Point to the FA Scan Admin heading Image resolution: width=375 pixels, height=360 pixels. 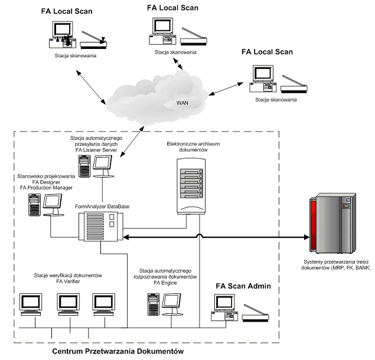243,286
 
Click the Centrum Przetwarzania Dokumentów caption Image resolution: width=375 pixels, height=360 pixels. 118,351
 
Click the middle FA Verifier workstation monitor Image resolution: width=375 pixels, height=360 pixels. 68,302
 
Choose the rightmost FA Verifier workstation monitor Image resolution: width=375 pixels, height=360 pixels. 103,302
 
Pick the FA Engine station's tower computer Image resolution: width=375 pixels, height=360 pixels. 152,304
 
